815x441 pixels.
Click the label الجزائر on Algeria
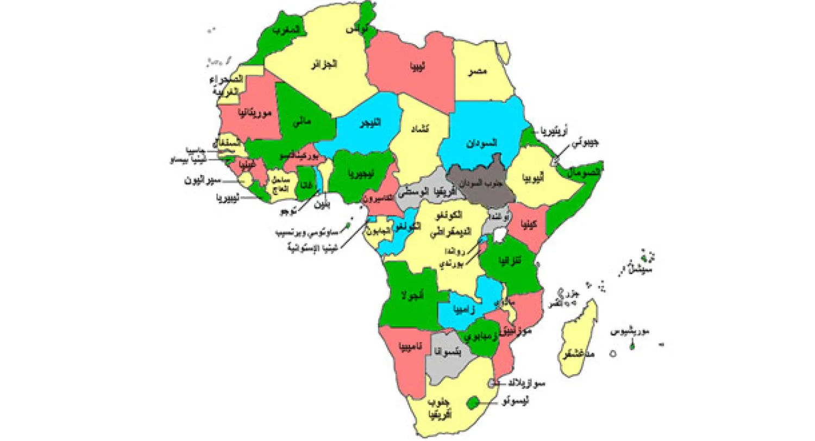point(324,65)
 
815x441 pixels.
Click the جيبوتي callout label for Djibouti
point(586,144)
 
